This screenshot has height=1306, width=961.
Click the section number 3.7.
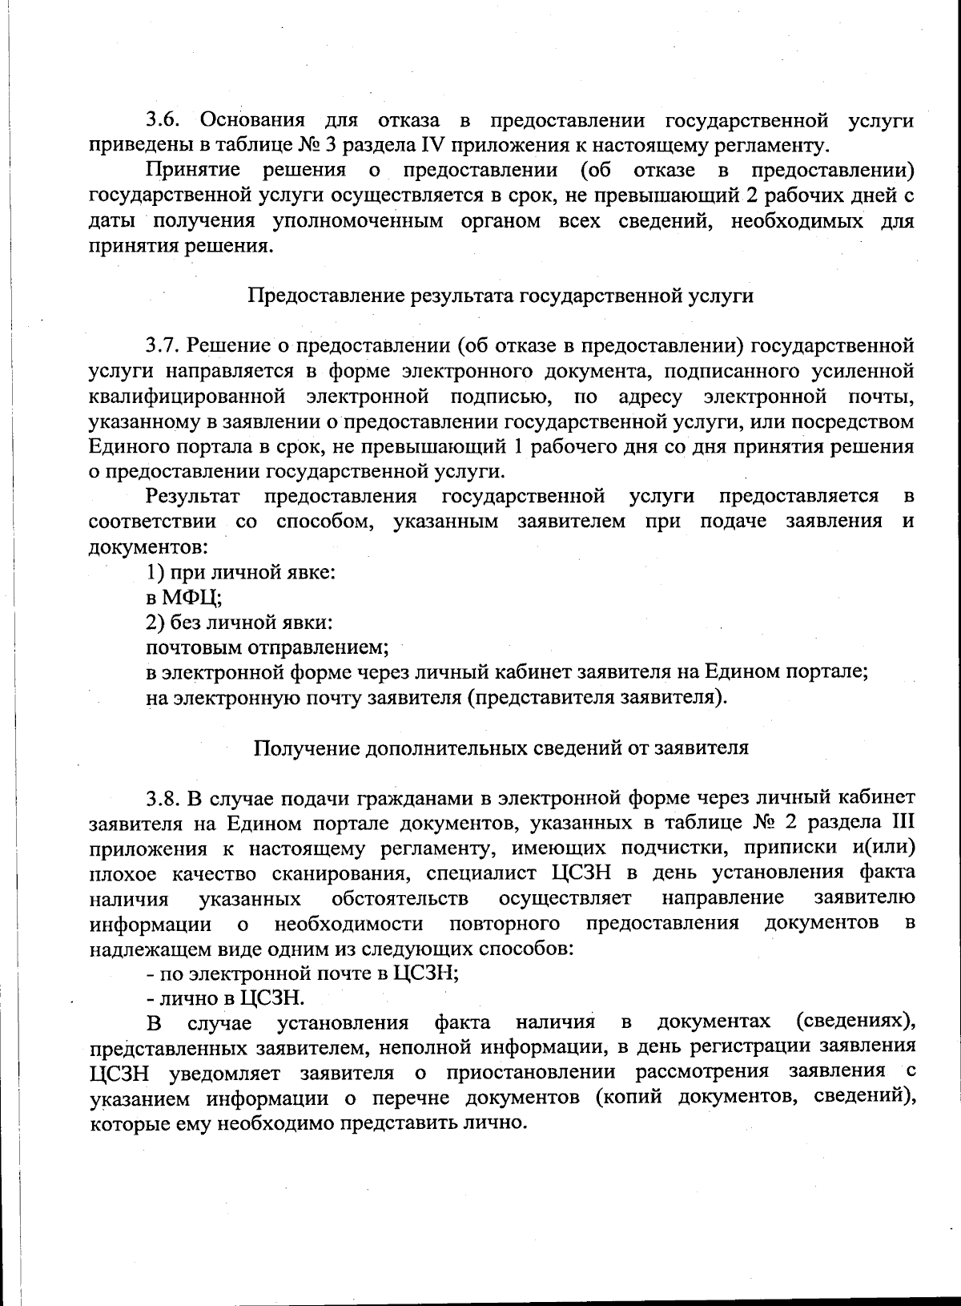tap(164, 346)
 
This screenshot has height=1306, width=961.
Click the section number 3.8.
tap(164, 798)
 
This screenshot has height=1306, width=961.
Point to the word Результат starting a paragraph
tap(192, 497)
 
